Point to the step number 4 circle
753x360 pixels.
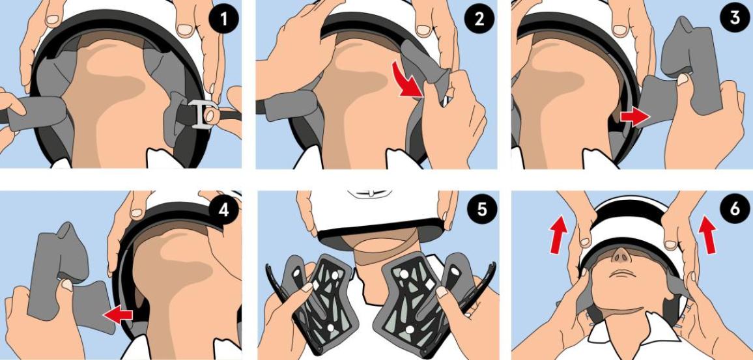pyautogui.click(x=224, y=210)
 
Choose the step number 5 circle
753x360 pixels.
pyautogui.click(x=479, y=210)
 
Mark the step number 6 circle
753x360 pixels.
pyautogui.click(x=735, y=210)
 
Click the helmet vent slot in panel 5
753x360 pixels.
pyautogui.click(x=367, y=193)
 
